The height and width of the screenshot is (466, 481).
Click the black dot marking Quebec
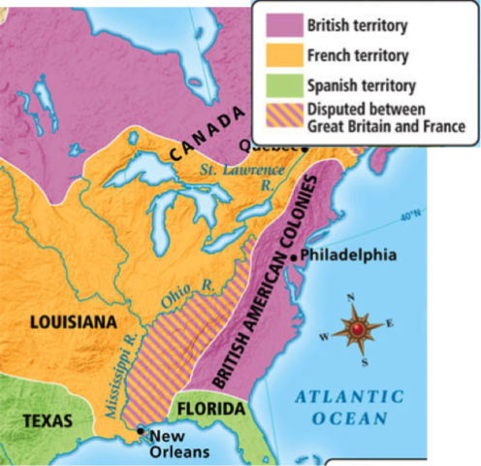pyautogui.click(x=305, y=148)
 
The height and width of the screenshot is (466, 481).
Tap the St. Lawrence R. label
pyautogui.click(x=236, y=175)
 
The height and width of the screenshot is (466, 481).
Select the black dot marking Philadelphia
pyautogui.click(x=293, y=256)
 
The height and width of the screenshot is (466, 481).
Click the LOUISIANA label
pyautogui.click(x=73, y=320)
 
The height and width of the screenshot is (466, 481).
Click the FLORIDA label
pyautogui.click(x=210, y=410)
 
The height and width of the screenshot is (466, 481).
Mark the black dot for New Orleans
pyautogui.click(x=142, y=429)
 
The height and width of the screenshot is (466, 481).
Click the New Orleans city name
pyautogui.click(x=179, y=444)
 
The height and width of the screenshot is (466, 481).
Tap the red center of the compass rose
pyautogui.click(x=358, y=330)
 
